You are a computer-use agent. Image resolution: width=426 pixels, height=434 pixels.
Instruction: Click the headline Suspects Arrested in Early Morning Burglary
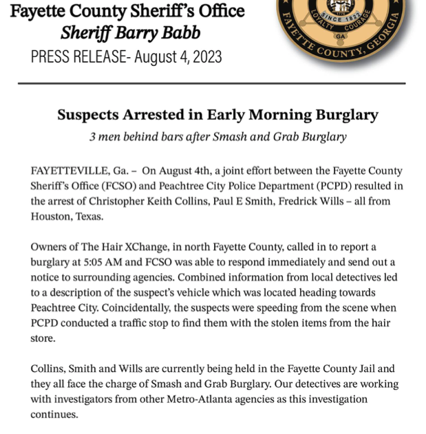click(x=217, y=115)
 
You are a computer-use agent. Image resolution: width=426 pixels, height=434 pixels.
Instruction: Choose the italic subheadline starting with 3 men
click(x=217, y=136)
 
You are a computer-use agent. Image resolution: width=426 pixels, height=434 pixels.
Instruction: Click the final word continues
click(x=54, y=415)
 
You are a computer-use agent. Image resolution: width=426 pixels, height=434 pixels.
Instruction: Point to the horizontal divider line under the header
click(x=213, y=83)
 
